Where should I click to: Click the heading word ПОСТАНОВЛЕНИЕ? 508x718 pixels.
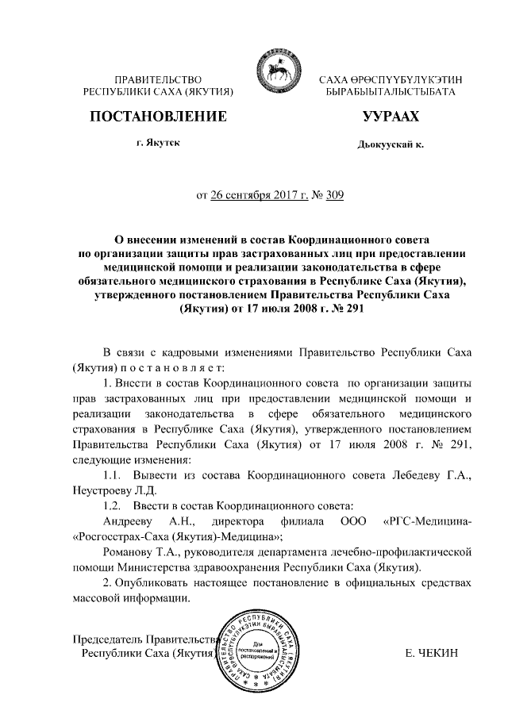158,117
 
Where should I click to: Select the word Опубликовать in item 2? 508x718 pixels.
160,582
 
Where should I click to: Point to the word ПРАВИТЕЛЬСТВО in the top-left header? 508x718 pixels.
157,80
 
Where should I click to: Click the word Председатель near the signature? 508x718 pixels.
105,639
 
